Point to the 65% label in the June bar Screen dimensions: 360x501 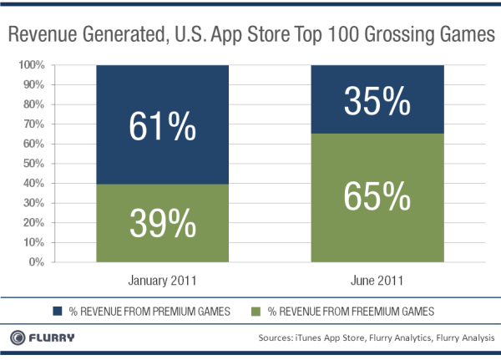(377, 199)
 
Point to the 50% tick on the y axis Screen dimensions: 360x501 (33, 164)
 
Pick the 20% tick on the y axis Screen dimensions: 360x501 (33, 223)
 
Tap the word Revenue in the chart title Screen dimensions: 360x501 (49, 37)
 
